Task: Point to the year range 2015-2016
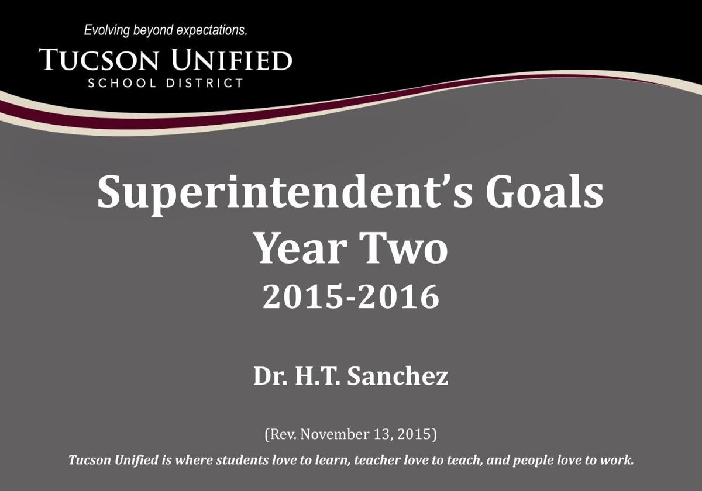pyautogui.click(x=350, y=297)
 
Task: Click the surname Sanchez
pyautogui.click(x=398, y=376)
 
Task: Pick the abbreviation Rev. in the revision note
pyautogui.click(x=280, y=434)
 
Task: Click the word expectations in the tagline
pyautogui.click(x=211, y=30)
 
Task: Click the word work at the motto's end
pyautogui.click(x=619, y=460)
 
